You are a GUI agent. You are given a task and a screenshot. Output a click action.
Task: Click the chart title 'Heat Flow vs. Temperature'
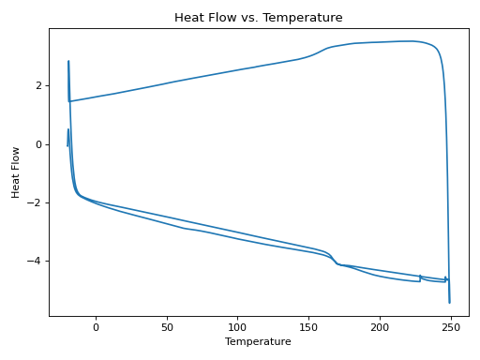point(258,18)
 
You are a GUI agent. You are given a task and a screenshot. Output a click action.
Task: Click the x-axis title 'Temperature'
point(258,341)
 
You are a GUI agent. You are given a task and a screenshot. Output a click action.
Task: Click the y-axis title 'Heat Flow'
point(15,172)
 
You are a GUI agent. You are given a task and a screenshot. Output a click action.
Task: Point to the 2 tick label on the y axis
point(38,85)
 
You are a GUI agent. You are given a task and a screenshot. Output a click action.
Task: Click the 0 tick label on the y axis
point(38,144)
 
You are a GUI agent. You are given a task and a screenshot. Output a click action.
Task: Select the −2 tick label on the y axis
point(36,202)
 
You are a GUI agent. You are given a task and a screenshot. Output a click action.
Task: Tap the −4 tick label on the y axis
point(36,262)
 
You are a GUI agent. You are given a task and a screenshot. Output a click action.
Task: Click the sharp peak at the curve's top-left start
point(68,62)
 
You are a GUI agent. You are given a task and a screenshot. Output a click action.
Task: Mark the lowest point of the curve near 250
point(449,302)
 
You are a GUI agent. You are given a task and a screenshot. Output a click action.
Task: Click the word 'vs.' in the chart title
point(260,18)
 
